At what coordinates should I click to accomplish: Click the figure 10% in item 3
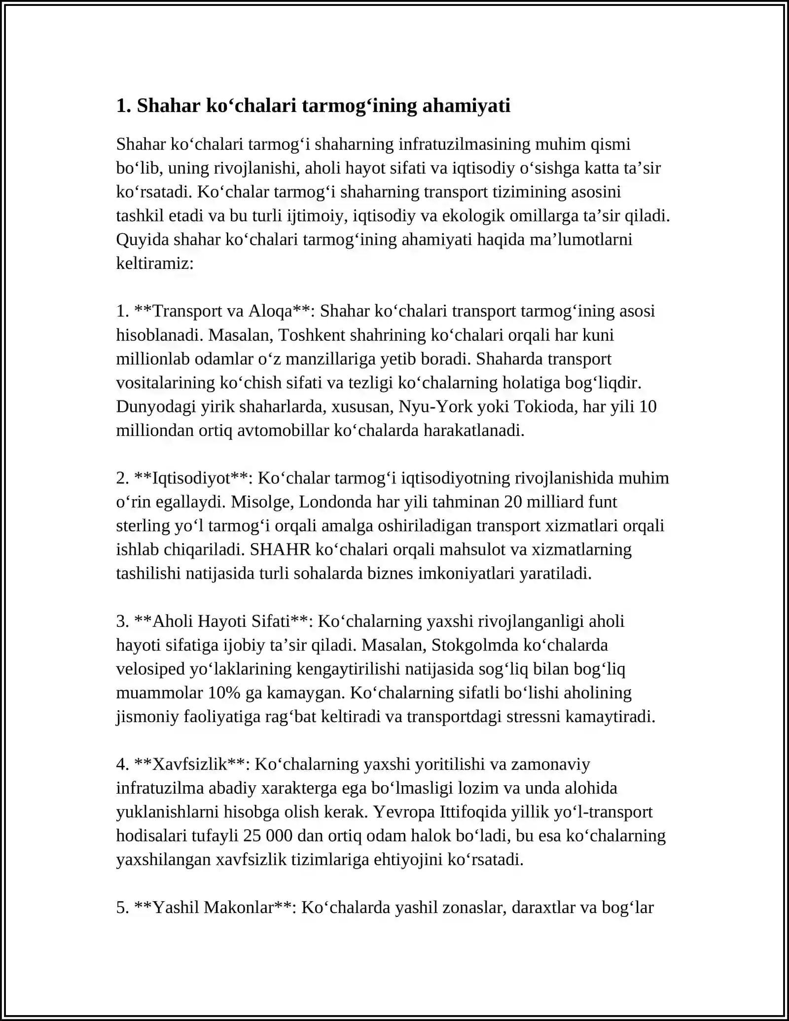[224, 693]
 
